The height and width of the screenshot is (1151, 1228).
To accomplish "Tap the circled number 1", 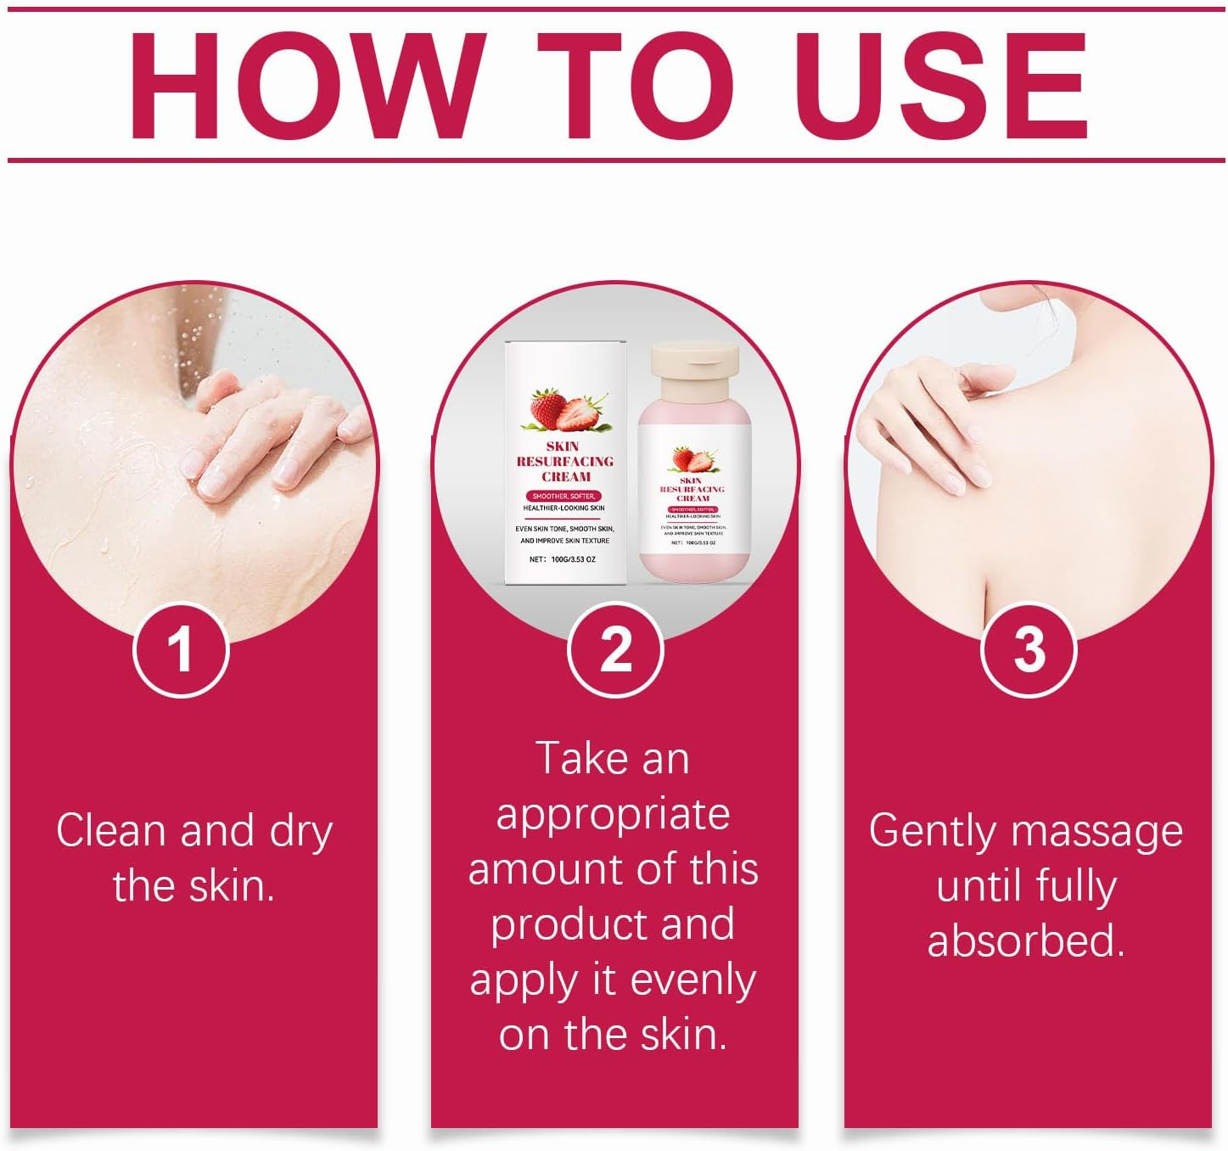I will [x=181, y=650].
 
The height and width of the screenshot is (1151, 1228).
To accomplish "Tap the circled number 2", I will [x=615, y=650].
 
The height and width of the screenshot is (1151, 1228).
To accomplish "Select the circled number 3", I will [x=1029, y=650].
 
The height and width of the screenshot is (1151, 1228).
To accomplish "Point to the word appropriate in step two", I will [x=613, y=815].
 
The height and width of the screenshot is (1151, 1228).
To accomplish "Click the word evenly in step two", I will [x=693, y=980].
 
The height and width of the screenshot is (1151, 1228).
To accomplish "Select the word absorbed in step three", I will [x=1026, y=940].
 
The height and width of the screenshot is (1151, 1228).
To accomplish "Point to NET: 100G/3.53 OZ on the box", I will [x=562, y=559].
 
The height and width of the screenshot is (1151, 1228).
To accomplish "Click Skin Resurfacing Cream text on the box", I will [x=565, y=461].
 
